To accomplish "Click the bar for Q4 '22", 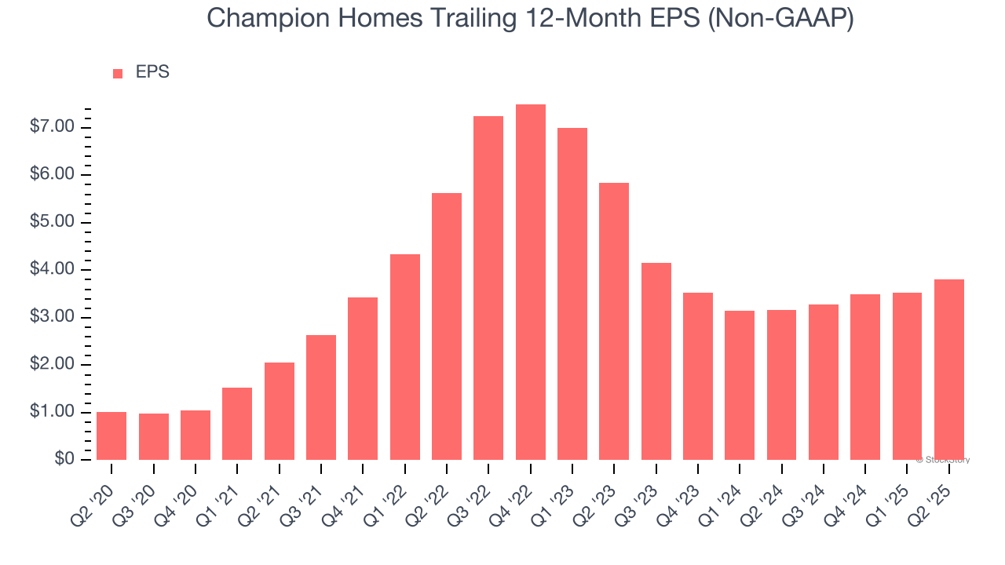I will [x=530, y=282].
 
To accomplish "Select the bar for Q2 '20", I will [x=111, y=436].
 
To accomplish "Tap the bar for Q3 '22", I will [x=488, y=288].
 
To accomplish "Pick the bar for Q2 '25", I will [x=948, y=370].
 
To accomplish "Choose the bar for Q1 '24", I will [x=740, y=385].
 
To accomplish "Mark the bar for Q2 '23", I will [x=614, y=322].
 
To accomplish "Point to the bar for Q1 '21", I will [x=237, y=424].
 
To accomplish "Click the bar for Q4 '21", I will [x=363, y=379].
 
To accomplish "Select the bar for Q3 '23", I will [x=656, y=362].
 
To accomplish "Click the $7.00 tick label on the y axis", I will [x=53, y=127].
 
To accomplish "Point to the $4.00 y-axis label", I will [x=53, y=270].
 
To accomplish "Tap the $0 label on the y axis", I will [x=64, y=460].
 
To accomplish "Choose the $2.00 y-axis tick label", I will [x=53, y=365].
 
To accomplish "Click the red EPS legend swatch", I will [x=118, y=74].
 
